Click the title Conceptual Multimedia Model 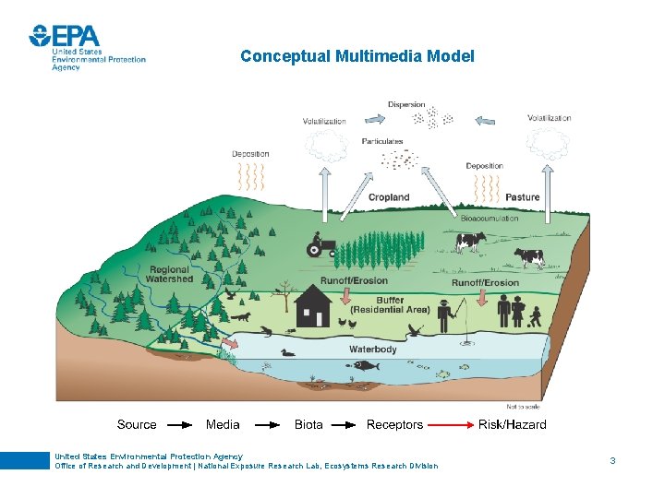(357, 56)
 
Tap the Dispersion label (406, 105)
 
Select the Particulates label (382, 141)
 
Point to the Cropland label (389, 197)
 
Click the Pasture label (523, 197)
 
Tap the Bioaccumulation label (490, 219)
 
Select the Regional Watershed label (170, 275)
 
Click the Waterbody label (373, 350)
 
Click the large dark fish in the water (366, 366)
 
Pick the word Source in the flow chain (137, 425)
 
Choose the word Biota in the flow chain (308, 425)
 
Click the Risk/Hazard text (512, 425)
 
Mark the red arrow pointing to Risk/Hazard (450, 425)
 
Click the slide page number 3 (611, 459)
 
